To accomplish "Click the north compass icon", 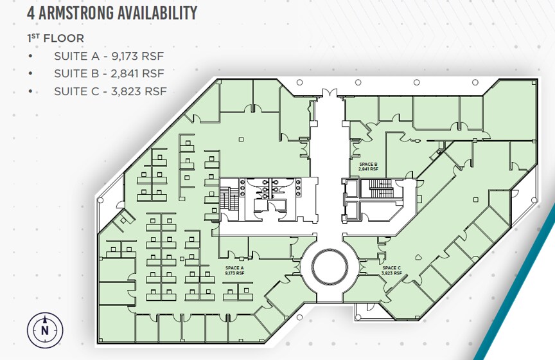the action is pyautogui.click(x=45, y=330).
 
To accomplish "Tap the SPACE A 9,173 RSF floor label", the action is pyautogui.click(x=234, y=271).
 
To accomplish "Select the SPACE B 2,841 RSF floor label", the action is pyautogui.click(x=369, y=166).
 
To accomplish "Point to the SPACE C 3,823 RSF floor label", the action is pyautogui.click(x=392, y=271).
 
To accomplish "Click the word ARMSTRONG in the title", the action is pyautogui.click(x=76, y=13).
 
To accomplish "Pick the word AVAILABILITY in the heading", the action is pyautogui.click(x=157, y=13).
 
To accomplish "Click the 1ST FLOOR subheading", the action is pyautogui.click(x=56, y=39).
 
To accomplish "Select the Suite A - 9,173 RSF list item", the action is pyautogui.click(x=109, y=56).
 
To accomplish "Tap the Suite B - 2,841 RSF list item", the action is pyautogui.click(x=109, y=73).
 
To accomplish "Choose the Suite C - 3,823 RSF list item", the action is pyautogui.click(x=110, y=91).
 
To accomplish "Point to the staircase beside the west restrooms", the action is pyautogui.click(x=225, y=199).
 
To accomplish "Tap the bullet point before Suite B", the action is pyautogui.click(x=31, y=73).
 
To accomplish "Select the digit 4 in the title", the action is pyautogui.click(x=31, y=13).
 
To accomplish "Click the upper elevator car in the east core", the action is pyautogui.click(x=351, y=188).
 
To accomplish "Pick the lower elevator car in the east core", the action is pyautogui.click(x=351, y=210).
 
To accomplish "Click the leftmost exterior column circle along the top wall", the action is pyautogui.click(x=299, y=82).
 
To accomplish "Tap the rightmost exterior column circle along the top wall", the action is pyautogui.click(x=475, y=82).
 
